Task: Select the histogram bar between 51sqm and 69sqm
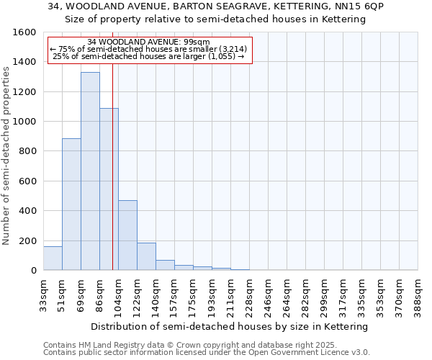coord(71,204)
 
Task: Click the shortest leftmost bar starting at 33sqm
coord(53,258)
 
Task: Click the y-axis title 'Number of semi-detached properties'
coord(6,152)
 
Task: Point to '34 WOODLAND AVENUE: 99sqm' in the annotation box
coord(148,42)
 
